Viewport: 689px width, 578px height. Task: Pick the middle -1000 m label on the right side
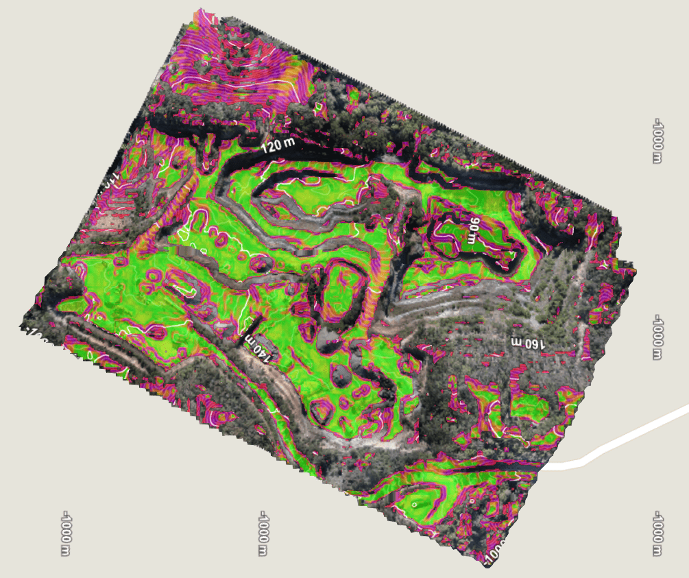pyautogui.click(x=658, y=337)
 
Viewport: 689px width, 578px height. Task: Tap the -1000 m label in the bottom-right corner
pyautogui.click(x=658, y=533)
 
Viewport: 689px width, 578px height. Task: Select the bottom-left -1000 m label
pyautogui.click(x=67, y=533)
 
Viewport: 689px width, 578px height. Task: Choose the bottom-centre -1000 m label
pyautogui.click(x=263, y=533)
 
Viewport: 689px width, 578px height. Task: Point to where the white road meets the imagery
pyautogui.click(x=548, y=466)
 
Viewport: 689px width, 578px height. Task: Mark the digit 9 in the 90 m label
pyautogui.click(x=473, y=224)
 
